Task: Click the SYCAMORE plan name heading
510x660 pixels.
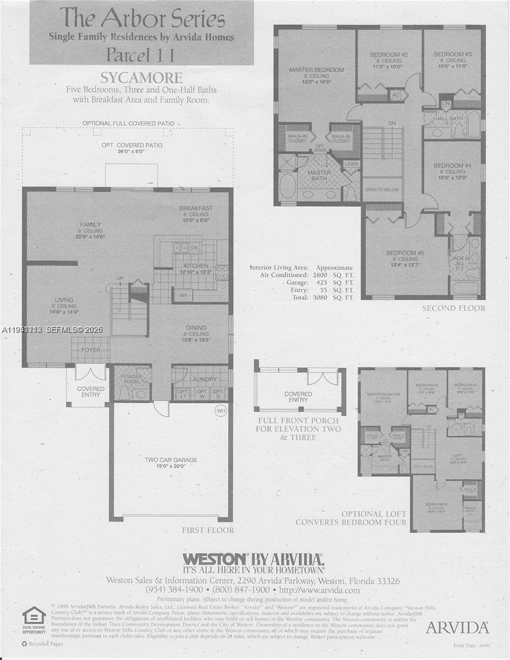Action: coord(141,77)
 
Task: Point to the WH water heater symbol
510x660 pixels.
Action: coord(221,410)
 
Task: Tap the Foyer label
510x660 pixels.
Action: coord(91,350)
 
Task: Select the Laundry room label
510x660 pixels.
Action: coord(201,379)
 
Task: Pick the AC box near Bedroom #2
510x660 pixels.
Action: coord(396,95)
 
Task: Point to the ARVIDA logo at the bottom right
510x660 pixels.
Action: coord(457,627)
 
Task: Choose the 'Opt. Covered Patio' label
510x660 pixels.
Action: coord(131,145)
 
